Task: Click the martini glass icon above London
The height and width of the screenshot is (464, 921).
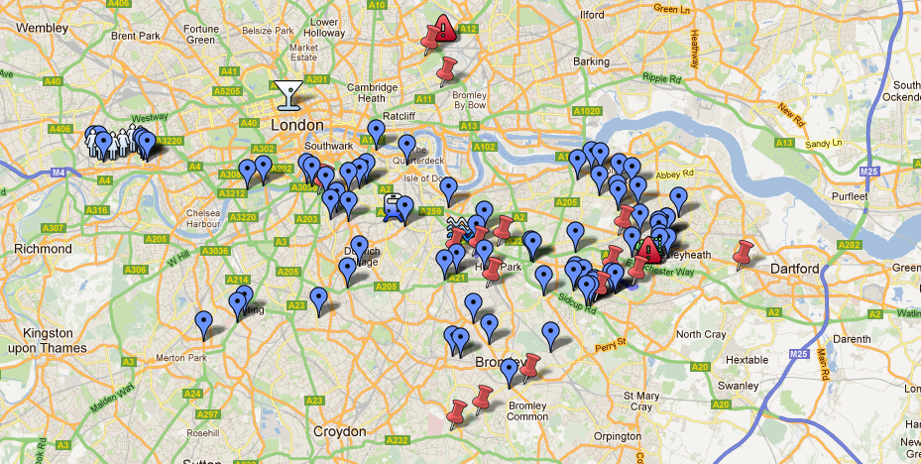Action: click(288, 94)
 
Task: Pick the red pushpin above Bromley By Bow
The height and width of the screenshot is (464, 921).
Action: click(447, 69)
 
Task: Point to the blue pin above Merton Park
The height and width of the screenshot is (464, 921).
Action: click(204, 322)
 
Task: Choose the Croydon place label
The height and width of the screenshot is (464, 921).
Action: click(339, 431)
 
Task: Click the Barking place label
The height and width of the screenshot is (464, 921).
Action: click(591, 61)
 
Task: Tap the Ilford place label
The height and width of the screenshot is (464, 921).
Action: click(591, 16)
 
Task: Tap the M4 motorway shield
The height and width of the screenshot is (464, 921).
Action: click(59, 173)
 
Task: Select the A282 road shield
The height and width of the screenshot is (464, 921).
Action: click(849, 244)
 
